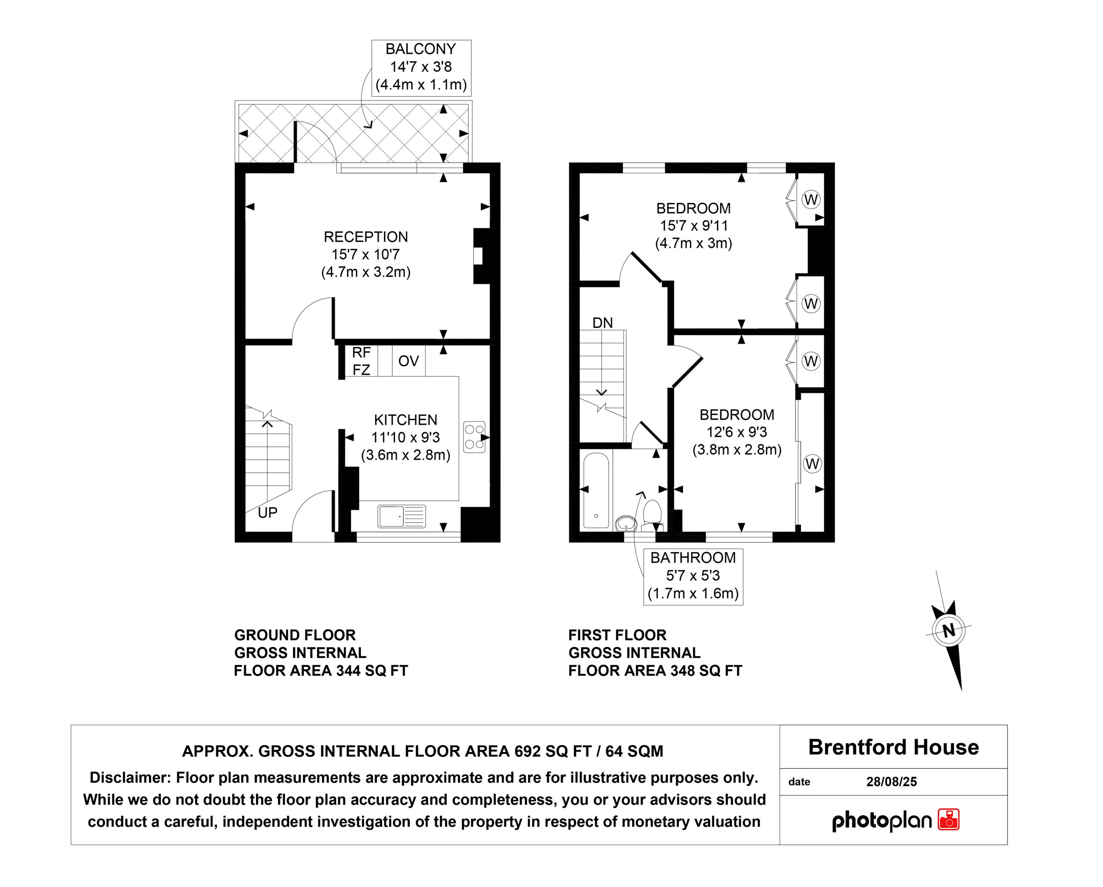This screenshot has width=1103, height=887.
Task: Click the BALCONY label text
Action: tap(421, 49)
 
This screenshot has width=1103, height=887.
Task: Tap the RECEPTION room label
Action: tap(366, 237)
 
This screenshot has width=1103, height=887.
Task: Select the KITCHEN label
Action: tap(406, 420)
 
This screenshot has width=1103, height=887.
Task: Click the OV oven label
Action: tap(409, 361)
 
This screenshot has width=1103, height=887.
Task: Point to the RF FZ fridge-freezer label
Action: tap(361, 361)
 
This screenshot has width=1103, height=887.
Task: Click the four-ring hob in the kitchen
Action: tap(474, 437)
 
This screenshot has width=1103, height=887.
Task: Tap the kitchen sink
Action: tap(402, 516)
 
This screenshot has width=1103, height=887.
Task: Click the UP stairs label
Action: tap(268, 513)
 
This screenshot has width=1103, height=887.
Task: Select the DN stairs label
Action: tap(603, 323)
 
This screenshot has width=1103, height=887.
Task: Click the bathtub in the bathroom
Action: tap(596, 490)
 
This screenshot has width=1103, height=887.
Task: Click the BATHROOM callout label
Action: tap(693, 557)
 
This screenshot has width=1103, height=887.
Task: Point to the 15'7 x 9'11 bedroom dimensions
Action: tap(694, 226)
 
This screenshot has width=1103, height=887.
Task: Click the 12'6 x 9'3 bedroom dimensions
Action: tap(737, 432)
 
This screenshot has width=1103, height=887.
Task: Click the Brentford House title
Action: tap(894, 747)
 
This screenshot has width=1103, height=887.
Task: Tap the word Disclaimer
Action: tap(130, 778)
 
